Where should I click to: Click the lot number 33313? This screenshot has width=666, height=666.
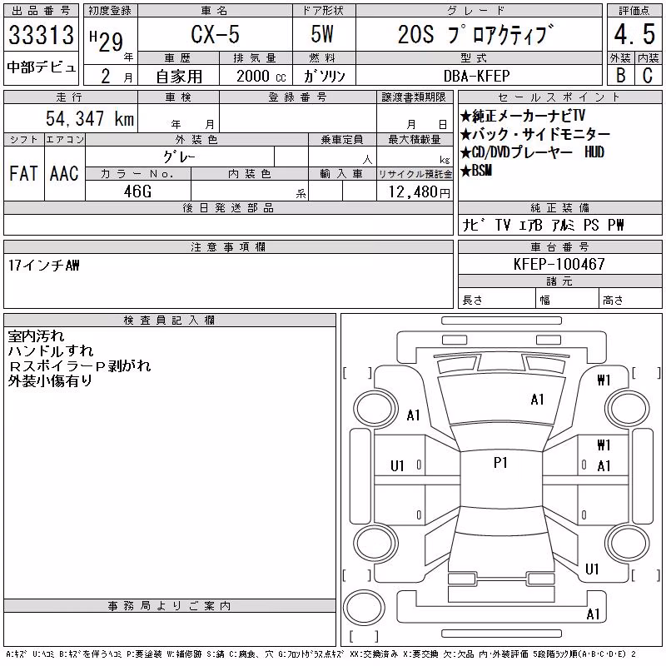(41, 35)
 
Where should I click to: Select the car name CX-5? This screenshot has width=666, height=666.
(215, 34)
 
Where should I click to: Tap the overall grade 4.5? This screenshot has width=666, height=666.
(634, 34)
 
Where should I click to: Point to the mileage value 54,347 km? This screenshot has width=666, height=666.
(90, 118)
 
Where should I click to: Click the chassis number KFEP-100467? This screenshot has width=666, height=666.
(559, 264)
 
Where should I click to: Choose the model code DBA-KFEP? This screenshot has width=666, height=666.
(476, 76)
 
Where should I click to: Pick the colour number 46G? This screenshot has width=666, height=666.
(137, 191)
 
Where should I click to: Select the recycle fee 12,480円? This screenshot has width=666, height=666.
(420, 192)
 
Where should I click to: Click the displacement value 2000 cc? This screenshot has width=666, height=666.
(261, 76)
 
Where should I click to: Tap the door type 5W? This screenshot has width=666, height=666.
(322, 34)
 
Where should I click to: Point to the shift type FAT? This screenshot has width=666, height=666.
(23, 173)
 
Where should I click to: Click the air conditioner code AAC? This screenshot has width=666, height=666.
(64, 173)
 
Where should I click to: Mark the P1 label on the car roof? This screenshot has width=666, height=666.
(500, 463)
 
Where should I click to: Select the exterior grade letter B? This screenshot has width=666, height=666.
(620, 75)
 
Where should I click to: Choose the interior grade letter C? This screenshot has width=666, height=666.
(648, 75)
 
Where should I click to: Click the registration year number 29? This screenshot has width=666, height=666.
(111, 42)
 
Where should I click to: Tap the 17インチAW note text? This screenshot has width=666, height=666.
(44, 266)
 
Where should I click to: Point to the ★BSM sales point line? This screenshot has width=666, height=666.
(476, 171)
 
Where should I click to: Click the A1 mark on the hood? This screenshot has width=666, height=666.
(537, 400)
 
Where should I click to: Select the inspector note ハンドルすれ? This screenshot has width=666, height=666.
(51, 350)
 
